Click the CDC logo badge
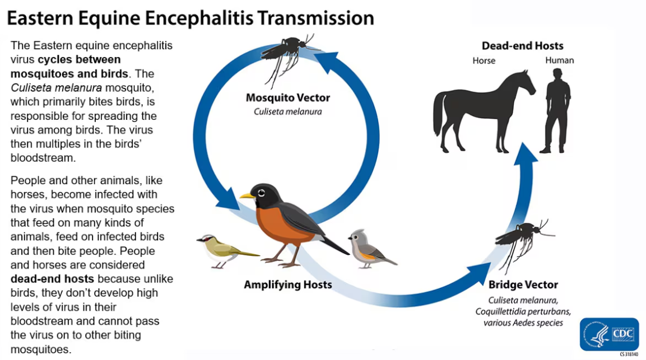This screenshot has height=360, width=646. tap(609, 334)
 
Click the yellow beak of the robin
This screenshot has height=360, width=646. tap(247, 195)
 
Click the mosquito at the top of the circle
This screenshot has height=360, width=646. tap(289, 55)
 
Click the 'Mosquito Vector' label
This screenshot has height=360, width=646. tap(288, 97)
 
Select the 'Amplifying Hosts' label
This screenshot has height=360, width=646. tap(288, 284)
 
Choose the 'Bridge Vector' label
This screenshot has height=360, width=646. tap(523, 284)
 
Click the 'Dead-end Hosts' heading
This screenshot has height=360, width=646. tap(522, 46)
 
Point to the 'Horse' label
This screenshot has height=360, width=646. tap(484, 60)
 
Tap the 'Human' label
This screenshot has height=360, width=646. tap(560, 60)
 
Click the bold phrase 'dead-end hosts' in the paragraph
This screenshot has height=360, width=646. tap(52, 279)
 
